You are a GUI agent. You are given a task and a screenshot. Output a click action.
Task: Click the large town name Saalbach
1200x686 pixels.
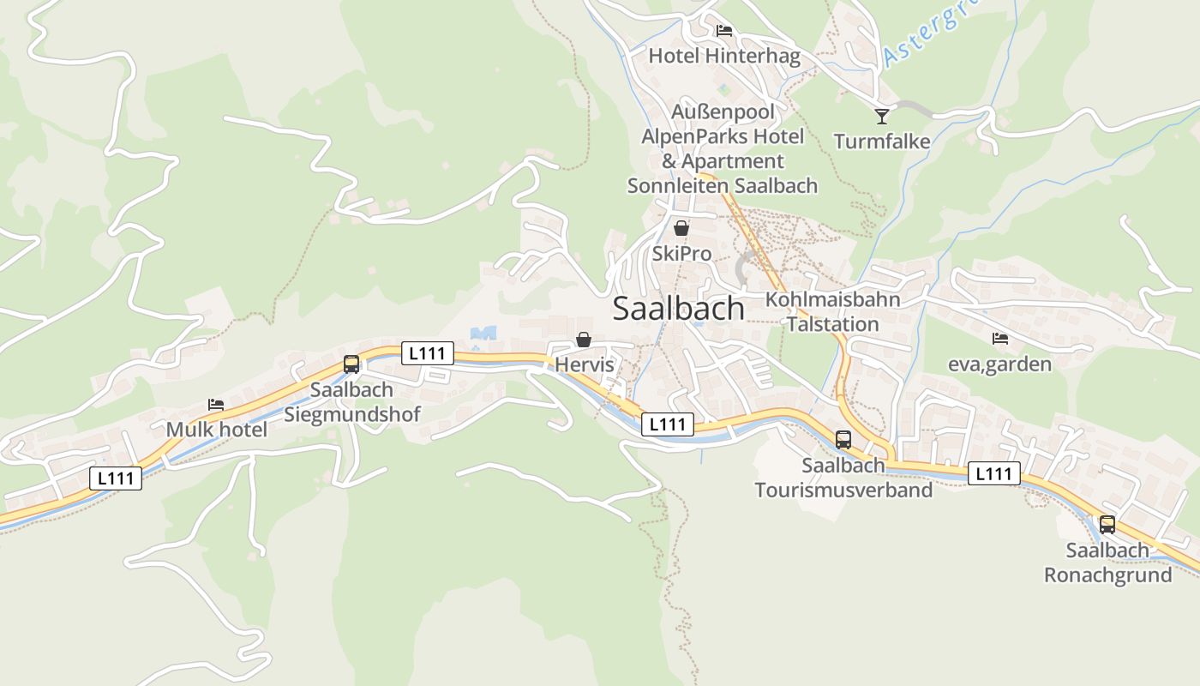coord(678,309)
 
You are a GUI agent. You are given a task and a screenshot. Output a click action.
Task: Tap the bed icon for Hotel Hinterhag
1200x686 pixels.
coord(724,31)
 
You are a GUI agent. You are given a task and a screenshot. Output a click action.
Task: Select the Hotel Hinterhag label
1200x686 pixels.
coord(724,57)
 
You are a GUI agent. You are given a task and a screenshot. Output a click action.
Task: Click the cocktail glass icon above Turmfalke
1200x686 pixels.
coord(882,116)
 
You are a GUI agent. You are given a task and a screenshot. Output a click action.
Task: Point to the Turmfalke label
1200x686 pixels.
coord(882,141)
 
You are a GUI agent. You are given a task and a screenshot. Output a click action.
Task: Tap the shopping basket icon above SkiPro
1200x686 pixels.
coord(681,228)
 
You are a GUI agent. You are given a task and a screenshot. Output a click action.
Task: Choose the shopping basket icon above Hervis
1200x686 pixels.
coord(584,340)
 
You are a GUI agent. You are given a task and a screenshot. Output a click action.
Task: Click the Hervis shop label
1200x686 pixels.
coord(585,364)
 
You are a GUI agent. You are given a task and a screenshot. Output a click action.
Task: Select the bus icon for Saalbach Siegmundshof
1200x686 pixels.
coord(351,364)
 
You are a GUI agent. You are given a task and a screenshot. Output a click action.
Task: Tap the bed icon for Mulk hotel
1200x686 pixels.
coord(216,404)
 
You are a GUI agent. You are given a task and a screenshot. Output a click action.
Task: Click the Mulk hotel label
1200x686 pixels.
coord(217,429)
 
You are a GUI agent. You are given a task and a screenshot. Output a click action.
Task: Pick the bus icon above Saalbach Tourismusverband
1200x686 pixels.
coord(843,440)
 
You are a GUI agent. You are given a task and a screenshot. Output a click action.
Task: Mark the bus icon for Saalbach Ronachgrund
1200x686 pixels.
coord(1107,525)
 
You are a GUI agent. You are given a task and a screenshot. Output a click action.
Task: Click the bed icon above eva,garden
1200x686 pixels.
coord(999,339)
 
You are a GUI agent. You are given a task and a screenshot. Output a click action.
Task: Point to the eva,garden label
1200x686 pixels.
coord(999,364)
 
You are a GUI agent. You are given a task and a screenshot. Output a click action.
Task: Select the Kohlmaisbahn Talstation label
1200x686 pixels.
coord(833,312)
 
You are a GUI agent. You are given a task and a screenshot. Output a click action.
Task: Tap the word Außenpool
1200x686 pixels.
coord(723,111)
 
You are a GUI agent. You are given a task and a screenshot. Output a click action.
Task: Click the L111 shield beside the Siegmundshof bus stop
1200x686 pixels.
coord(428,352)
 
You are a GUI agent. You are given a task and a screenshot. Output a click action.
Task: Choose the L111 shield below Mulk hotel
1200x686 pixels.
coord(116,478)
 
